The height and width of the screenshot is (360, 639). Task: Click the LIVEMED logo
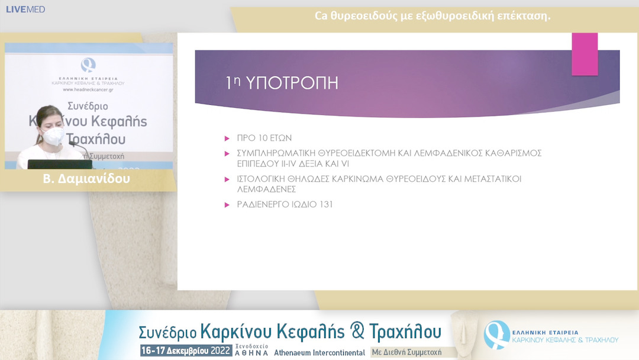(25, 9)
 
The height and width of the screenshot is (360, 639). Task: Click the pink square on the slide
(585, 54)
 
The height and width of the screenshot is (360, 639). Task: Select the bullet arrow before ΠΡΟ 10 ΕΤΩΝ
(227, 138)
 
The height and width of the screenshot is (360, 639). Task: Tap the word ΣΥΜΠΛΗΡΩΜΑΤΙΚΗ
(277, 153)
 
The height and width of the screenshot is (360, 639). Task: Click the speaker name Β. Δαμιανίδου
(86, 179)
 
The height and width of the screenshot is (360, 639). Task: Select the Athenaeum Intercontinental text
(319, 352)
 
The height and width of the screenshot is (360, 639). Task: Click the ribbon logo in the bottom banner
(496, 334)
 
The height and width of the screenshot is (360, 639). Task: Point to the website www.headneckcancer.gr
(88, 89)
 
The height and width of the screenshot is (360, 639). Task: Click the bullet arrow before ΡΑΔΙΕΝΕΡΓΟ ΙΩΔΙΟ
(227, 204)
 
